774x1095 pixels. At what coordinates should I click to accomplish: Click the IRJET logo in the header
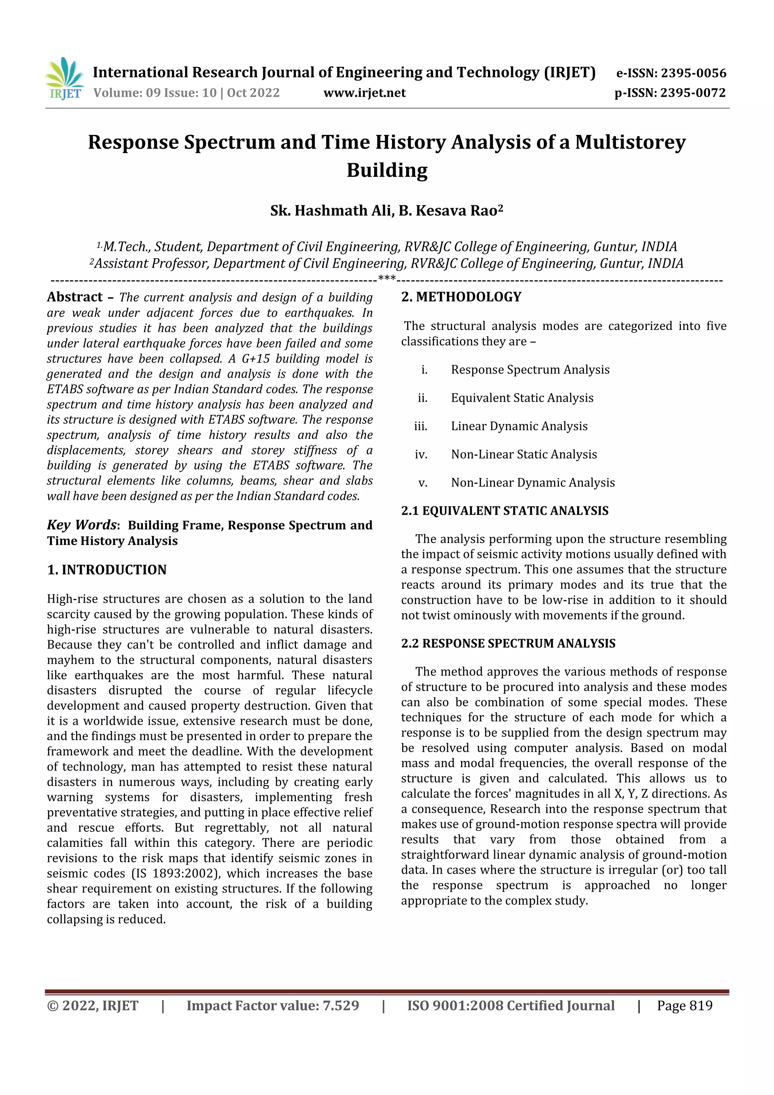(64, 78)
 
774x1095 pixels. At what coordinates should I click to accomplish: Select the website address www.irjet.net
(364, 93)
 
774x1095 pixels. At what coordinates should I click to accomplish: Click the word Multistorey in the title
(630, 142)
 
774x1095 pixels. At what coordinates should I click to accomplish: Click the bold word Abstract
(74, 297)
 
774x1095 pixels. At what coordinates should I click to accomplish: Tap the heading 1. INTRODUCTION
(107, 570)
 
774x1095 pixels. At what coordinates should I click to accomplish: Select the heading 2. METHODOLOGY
(461, 297)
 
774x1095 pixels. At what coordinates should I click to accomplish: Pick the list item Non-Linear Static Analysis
(524, 454)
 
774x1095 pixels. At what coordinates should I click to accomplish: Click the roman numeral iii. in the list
(421, 426)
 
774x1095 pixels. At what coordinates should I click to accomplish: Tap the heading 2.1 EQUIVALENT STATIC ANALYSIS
(505, 511)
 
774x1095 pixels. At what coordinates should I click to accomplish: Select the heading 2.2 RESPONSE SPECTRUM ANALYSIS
(508, 643)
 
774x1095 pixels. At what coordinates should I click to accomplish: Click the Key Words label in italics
(82, 525)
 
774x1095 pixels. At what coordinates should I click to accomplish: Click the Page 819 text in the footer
(684, 1006)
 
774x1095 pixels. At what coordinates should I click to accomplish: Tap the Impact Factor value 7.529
(341, 1006)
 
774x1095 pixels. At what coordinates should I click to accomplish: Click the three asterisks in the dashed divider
(386, 278)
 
